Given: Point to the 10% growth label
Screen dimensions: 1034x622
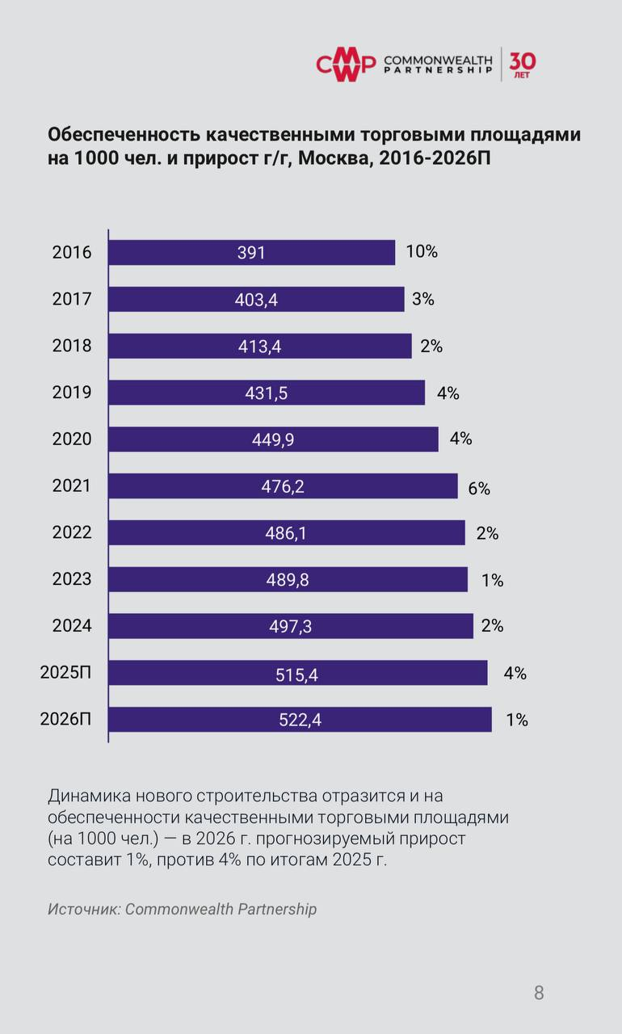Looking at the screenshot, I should pyautogui.click(x=422, y=251).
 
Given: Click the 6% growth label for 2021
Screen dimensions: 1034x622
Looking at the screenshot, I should pyautogui.click(x=479, y=488).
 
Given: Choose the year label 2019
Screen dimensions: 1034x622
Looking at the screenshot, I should pyautogui.click(x=72, y=393).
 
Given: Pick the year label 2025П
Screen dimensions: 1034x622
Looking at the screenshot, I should pyautogui.click(x=66, y=673).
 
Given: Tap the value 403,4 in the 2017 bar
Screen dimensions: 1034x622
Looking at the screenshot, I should pyautogui.click(x=256, y=300).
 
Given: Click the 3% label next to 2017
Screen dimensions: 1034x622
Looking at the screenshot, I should pyautogui.click(x=423, y=299).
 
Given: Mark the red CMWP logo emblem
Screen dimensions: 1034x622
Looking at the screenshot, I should pyautogui.click(x=346, y=65).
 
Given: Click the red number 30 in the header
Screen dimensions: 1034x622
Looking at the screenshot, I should pyautogui.click(x=523, y=61).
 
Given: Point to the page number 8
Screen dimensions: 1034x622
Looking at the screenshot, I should pyautogui.click(x=539, y=993).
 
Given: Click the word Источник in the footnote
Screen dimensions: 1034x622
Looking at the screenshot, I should pyautogui.click(x=82, y=909).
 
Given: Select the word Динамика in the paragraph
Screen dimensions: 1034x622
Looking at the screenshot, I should pyautogui.click(x=86, y=796).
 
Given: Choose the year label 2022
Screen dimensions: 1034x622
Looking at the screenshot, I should pyautogui.click(x=72, y=533).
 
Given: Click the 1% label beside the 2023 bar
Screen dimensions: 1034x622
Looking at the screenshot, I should pyautogui.click(x=492, y=580).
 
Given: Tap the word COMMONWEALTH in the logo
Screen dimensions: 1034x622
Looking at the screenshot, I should pyautogui.click(x=437, y=61).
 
